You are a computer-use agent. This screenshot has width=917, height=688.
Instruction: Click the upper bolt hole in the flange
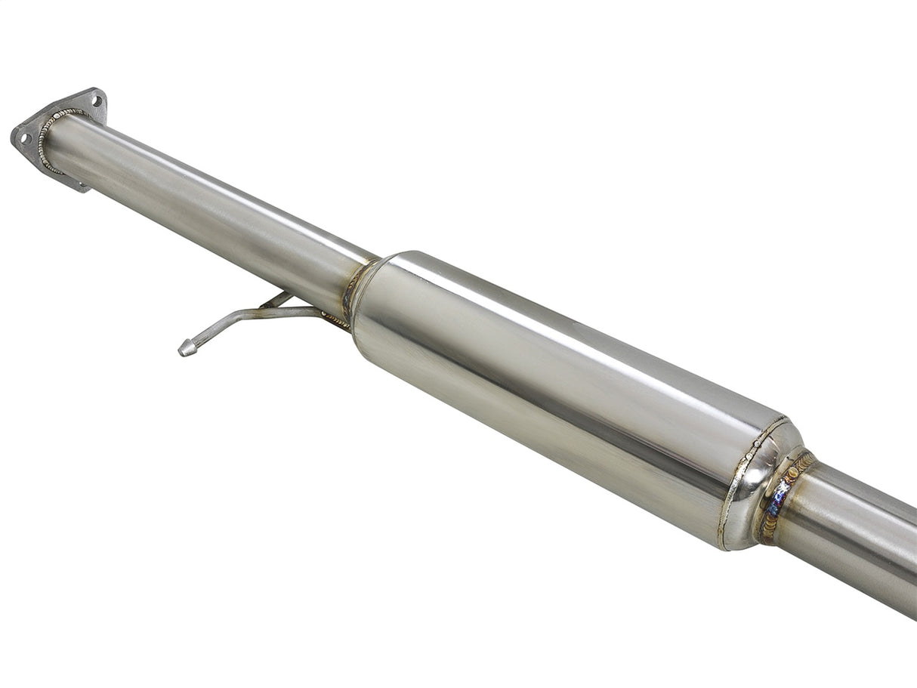point(97,100)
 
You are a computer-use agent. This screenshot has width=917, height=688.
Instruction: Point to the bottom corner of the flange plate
point(82,186)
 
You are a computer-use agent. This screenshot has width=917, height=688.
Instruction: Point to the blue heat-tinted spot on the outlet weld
point(775,498)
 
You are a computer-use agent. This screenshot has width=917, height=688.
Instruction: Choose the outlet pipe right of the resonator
point(854,529)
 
